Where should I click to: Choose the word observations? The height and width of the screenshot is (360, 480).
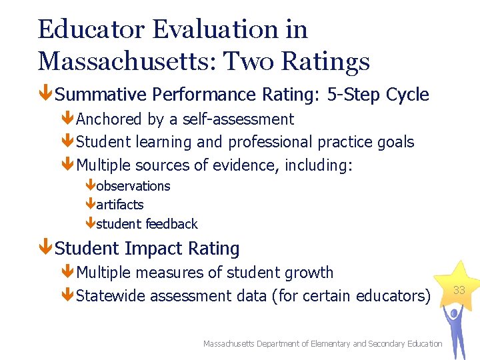click(x=133, y=186)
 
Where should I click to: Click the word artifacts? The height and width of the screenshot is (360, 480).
click(x=120, y=205)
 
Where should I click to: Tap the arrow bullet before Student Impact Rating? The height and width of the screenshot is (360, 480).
click(x=45, y=249)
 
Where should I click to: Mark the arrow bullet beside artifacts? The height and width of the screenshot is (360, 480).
click(x=90, y=205)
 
